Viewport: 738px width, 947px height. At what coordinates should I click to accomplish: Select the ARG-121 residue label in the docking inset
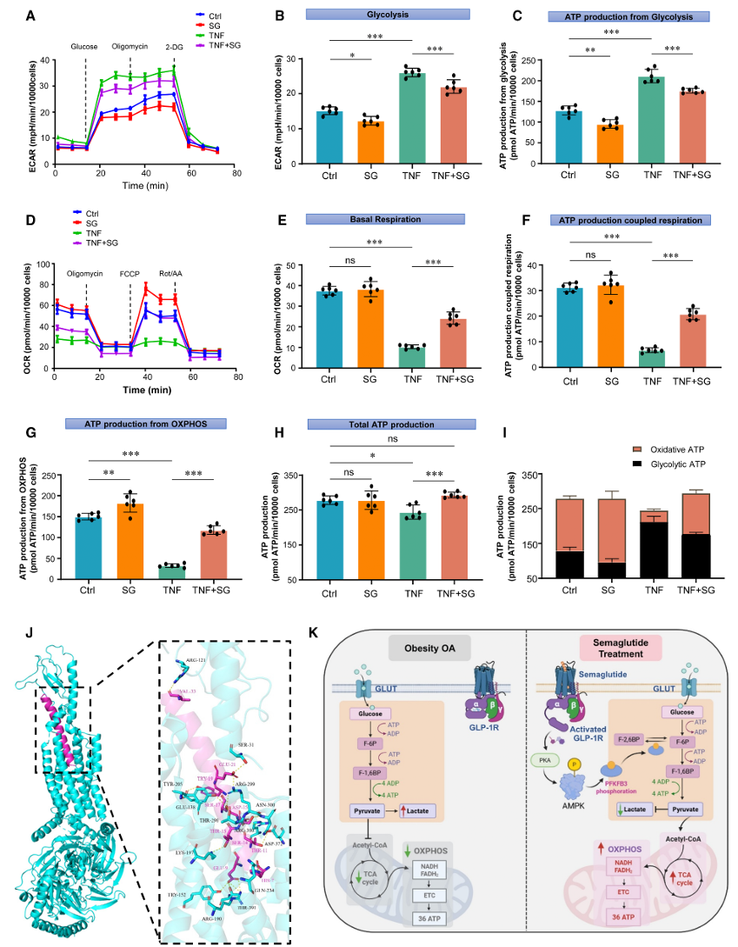[194, 661]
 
